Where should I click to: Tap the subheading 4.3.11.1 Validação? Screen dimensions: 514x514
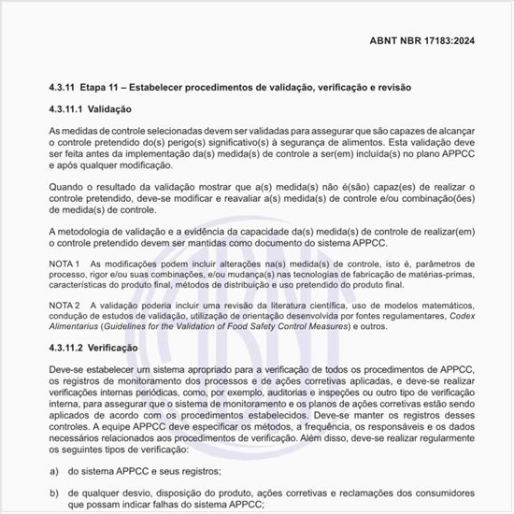94,110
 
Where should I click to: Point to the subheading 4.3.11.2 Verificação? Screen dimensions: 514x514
98,348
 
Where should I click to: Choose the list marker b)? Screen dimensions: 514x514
55,491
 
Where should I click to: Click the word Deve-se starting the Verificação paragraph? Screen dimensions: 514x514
66,371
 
